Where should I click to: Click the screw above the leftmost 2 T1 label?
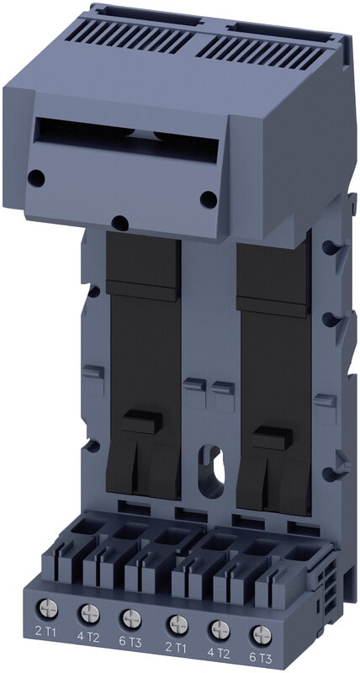click(x=47, y=608)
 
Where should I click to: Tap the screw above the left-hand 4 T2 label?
click(x=90, y=613)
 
